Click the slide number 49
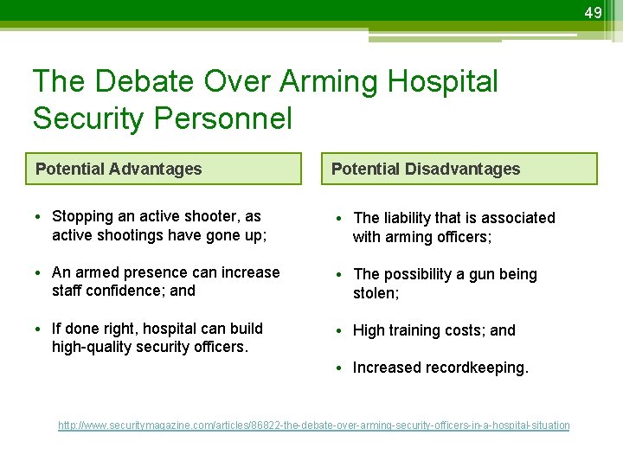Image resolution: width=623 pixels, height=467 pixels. [593, 13]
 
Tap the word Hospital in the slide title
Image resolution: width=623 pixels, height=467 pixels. [444, 81]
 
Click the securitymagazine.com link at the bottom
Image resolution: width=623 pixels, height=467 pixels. [313, 425]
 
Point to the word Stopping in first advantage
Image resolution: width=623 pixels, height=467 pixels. [82, 216]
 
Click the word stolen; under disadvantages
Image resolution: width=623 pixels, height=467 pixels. [376, 293]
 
